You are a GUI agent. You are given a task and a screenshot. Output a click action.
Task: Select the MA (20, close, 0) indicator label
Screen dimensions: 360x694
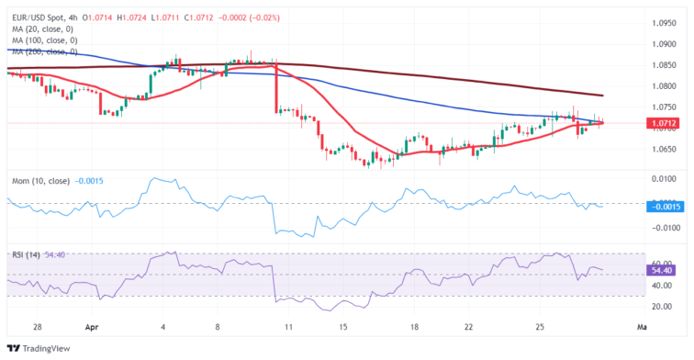pos(44,28)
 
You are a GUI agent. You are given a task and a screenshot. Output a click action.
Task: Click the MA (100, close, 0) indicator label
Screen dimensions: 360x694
pos(47,40)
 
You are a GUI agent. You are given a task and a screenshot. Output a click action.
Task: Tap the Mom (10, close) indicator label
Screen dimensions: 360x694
pos(38,180)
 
